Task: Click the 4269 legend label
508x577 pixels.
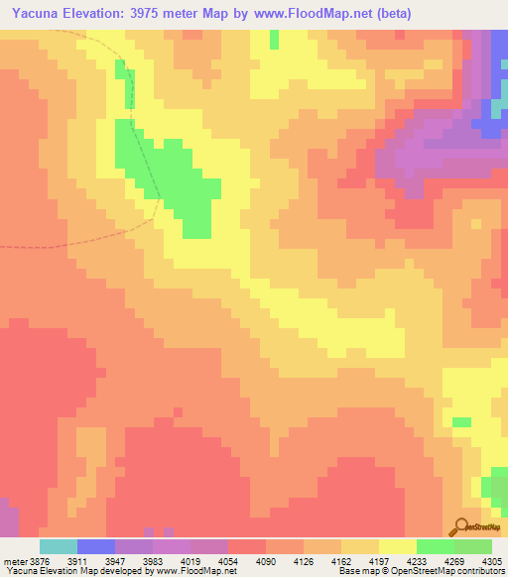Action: point(463,559)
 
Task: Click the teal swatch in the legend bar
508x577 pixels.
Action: point(59,546)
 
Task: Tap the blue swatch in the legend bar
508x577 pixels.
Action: point(96,546)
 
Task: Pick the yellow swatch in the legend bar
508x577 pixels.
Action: point(398,546)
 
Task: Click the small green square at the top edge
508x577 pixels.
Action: point(274,40)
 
